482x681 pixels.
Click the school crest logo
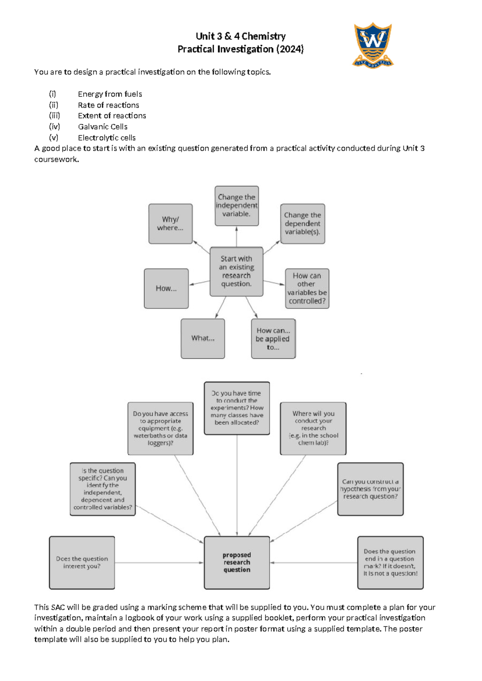[x=373, y=45]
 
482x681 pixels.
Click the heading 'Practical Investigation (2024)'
[x=241, y=49]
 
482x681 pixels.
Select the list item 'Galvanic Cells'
[x=102, y=126]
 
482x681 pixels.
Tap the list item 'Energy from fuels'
[x=110, y=94]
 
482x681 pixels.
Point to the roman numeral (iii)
[x=54, y=116]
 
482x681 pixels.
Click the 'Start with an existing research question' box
[x=236, y=271]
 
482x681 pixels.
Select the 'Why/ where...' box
[x=170, y=224]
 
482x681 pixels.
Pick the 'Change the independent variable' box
[x=236, y=206]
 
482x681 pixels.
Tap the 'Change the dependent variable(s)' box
[x=302, y=224]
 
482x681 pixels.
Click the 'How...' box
[x=166, y=288]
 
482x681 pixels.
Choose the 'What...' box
[x=202, y=338]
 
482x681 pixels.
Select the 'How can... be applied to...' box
[x=273, y=338]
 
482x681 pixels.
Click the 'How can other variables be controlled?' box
[x=307, y=288]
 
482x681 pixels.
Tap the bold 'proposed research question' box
[x=237, y=562]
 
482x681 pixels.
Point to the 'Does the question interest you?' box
[x=82, y=562]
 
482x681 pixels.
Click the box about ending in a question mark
[x=390, y=562]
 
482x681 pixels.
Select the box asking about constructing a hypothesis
[x=370, y=489]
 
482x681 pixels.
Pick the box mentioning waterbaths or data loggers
[x=160, y=428]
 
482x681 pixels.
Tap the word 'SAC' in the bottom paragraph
[x=58, y=607]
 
